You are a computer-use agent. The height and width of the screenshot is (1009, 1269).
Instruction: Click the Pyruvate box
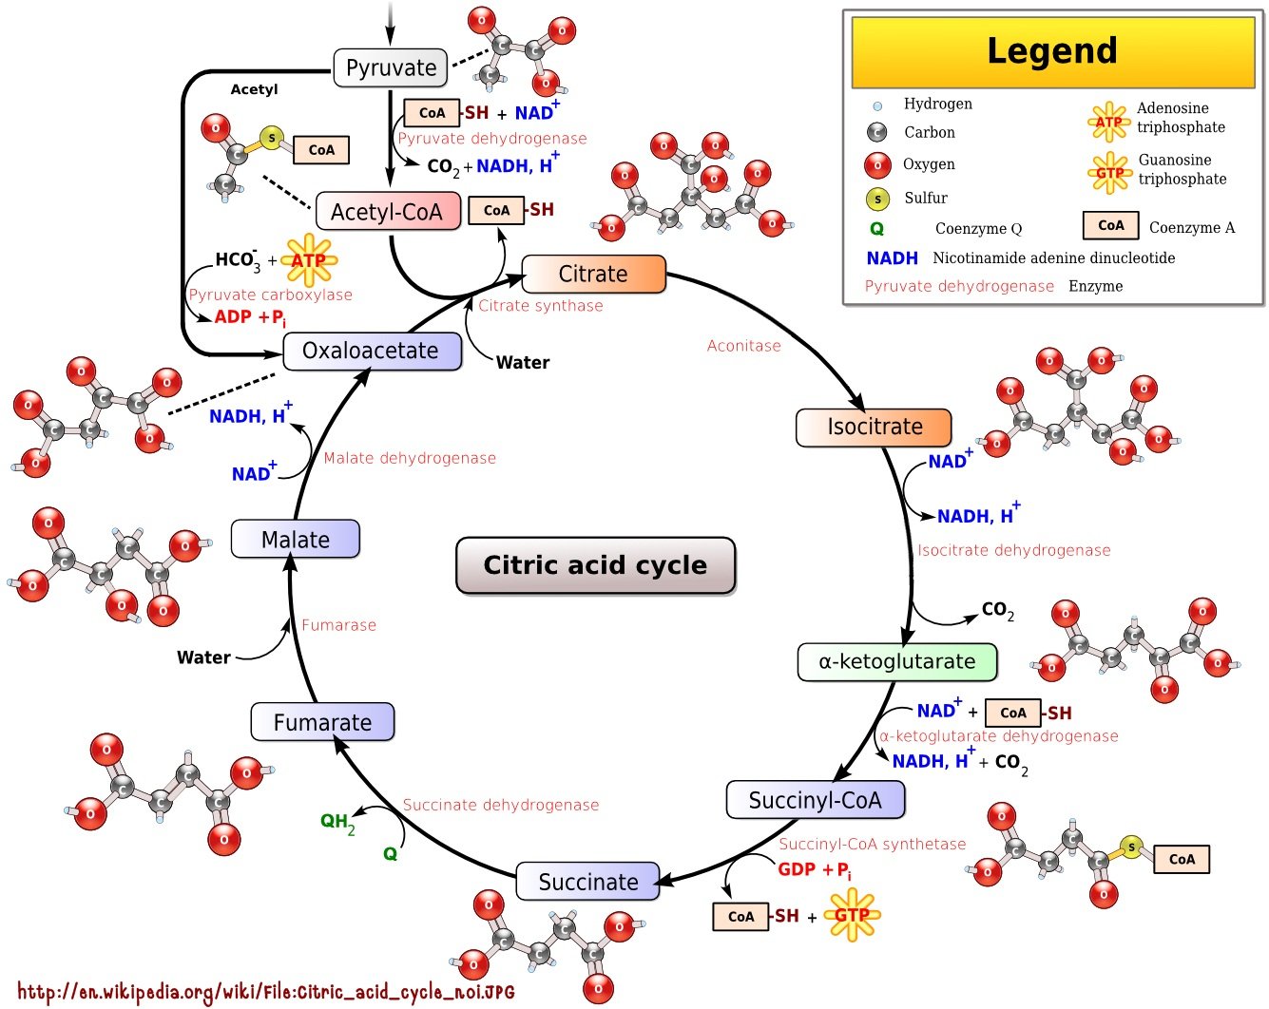click(391, 67)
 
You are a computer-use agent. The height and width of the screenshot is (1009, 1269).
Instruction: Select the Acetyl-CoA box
click(388, 211)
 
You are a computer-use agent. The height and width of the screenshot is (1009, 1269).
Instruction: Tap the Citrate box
click(593, 274)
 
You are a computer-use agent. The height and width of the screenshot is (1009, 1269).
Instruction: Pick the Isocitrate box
click(874, 428)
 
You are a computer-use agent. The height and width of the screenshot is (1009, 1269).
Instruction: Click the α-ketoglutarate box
click(897, 662)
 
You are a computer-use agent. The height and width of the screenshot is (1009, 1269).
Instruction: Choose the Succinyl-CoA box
click(815, 800)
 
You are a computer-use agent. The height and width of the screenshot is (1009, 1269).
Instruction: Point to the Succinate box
click(587, 881)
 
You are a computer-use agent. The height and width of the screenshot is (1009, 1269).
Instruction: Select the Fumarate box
click(322, 722)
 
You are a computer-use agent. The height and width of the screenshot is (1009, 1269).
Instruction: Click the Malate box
click(296, 539)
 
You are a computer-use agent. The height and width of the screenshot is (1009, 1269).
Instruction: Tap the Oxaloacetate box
click(372, 352)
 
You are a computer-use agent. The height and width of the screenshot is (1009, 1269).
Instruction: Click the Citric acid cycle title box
click(596, 565)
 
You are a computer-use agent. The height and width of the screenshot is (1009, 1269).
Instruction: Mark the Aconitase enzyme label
click(743, 346)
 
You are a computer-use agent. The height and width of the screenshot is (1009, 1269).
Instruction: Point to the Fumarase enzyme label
click(338, 625)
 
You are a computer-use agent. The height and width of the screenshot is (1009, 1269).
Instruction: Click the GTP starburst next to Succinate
click(852, 915)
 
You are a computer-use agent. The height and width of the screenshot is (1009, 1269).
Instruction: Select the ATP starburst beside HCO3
click(309, 260)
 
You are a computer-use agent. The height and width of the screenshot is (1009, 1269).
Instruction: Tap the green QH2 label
click(337, 823)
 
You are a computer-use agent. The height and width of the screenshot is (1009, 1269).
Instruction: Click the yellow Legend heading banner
click(1053, 52)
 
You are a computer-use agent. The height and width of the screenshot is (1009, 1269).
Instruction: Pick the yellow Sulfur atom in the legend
click(877, 200)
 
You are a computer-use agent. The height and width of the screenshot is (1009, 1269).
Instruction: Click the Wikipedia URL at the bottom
click(266, 992)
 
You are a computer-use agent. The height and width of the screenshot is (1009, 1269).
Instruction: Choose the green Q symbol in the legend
click(876, 229)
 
